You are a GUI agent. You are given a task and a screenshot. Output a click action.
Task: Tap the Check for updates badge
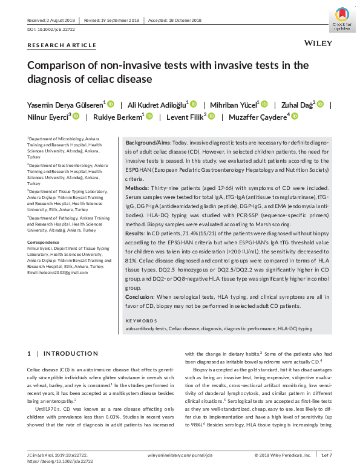point(342,19)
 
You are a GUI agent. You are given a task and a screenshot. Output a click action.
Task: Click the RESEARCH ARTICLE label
point(62,45)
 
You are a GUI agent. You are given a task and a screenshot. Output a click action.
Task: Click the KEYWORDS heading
point(140,321)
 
